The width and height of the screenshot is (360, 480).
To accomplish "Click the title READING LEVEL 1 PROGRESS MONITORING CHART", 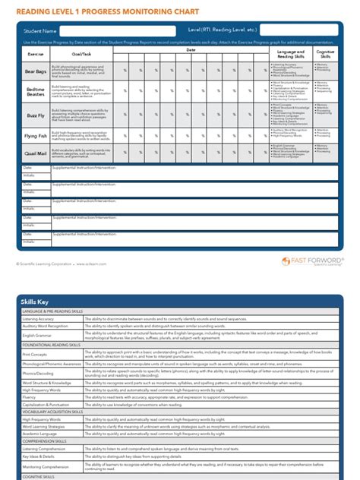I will (103, 11).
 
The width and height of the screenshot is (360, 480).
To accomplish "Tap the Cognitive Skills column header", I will (325, 54).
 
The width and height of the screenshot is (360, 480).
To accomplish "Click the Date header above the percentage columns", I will (191, 49).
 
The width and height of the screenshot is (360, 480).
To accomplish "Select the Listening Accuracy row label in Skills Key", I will (38, 318).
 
